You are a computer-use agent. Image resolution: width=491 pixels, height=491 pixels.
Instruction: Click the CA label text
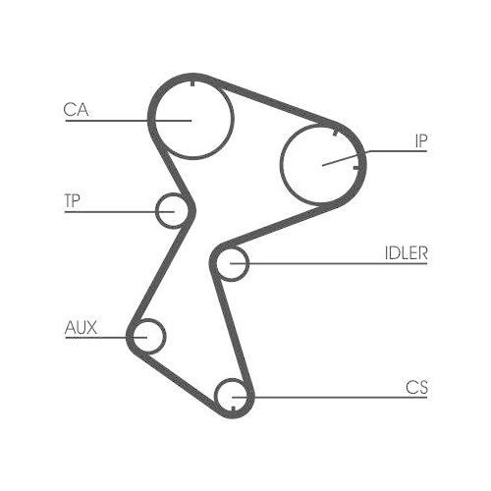[x=77, y=110]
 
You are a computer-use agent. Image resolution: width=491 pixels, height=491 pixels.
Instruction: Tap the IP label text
[x=420, y=141]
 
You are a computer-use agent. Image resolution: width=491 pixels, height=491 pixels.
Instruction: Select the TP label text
[x=72, y=201]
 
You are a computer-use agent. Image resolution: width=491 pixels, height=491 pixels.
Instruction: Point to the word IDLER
[x=406, y=252]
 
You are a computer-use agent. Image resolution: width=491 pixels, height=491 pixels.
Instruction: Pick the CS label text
[x=415, y=387]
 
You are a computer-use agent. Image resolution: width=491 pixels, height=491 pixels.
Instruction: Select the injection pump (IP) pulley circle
[x=322, y=165]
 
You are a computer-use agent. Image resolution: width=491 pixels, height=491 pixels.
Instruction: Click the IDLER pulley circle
[x=233, y=263]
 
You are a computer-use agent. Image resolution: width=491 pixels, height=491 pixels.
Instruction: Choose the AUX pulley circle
[x=148, y=336]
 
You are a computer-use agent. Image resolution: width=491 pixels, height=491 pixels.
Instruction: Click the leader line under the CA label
[x=118, y=121]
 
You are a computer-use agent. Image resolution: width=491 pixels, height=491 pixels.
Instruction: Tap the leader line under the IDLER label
[x=334, y=263]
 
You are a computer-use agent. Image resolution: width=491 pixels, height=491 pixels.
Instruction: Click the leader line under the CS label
[x=334, y=397]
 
